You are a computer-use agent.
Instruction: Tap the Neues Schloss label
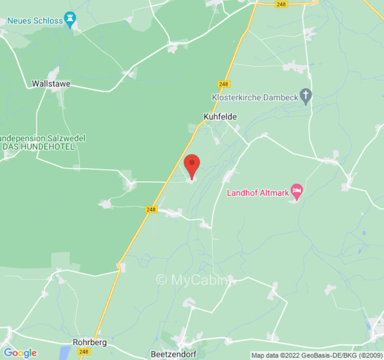[x=35, y=21]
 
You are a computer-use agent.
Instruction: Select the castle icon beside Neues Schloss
[x=70, y=19]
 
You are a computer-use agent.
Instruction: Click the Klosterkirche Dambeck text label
[x=255, y=97]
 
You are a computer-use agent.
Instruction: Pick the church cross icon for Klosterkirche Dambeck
[x=306, y=95]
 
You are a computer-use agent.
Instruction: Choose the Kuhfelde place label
[x=220, y=117]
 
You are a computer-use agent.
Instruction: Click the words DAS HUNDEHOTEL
[x=38, y=147]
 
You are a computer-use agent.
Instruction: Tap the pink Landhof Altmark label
[x=258, y=193]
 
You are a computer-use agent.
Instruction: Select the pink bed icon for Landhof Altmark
[x=296, y=190]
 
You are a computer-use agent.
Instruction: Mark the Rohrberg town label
[x=90, y=342]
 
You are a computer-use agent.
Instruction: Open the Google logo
[x=20, y=353]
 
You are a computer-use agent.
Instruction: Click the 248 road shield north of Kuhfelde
[x=223, y=84]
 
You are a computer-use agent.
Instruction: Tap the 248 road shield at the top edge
[x=281, y=4]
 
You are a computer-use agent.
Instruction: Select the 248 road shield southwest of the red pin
[x=151, y=210]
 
